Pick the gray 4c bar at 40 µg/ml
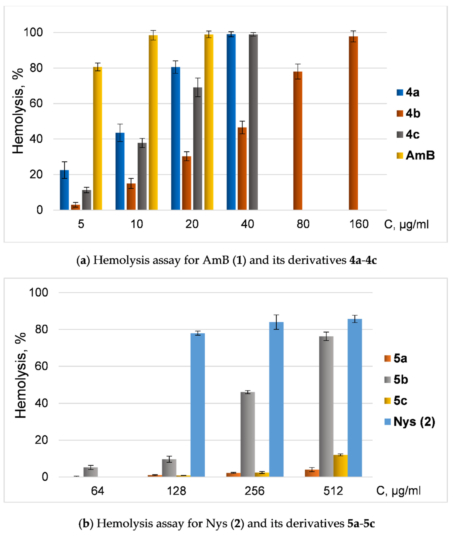click(x=253, y=122)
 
